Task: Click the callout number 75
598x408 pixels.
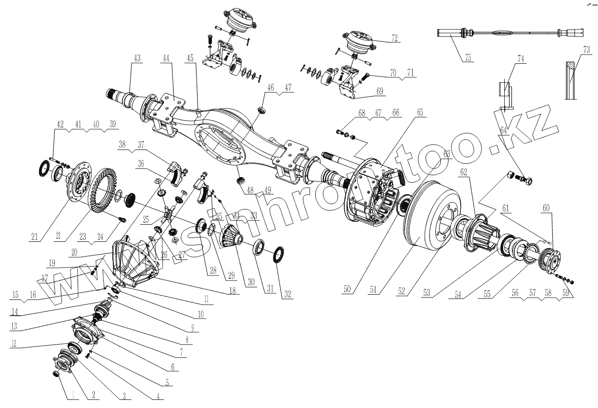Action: (x=467, y=58)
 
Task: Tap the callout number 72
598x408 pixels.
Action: (x=394, y=38)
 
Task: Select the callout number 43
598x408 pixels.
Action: (x=137, y=58)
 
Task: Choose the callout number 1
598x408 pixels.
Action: (x=73, y=394)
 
